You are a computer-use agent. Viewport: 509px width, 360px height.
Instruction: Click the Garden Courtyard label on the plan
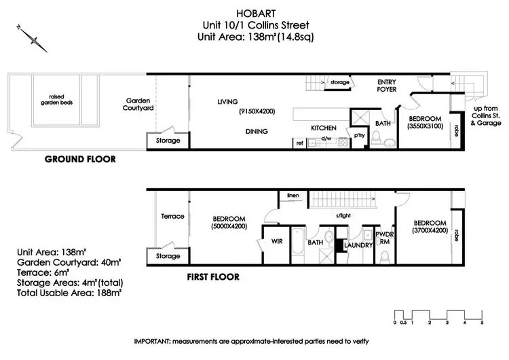[x=138, y=103]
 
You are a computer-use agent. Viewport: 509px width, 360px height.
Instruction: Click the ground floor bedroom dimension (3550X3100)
[x=425, y=126]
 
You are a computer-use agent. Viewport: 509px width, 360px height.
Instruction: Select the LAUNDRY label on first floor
[x=358, y=245]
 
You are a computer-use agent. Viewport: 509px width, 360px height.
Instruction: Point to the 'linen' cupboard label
[x=294, y=195]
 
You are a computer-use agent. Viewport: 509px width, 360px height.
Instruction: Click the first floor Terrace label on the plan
[x=172, y=216]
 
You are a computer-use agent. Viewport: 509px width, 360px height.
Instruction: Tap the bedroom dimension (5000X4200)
[x=224, y=226]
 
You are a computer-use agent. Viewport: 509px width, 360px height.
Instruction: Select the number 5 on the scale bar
[x=482, y=322]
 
